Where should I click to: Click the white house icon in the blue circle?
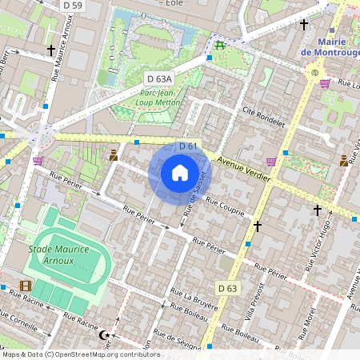[x=180, y=173]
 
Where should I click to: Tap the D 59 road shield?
[x=72, y=6]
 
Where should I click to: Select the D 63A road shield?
[x=160, y=78]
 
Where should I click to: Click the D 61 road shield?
[x=188, y=146]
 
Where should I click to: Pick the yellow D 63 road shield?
[x=227, y=288]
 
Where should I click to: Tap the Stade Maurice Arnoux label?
[x=62, y=254]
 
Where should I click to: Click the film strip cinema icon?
[x=26, y=286]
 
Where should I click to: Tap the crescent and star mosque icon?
[x=102, y=336]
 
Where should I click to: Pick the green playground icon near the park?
[x=218, y=43]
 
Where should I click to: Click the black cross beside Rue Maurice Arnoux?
[x=51, y=50]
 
